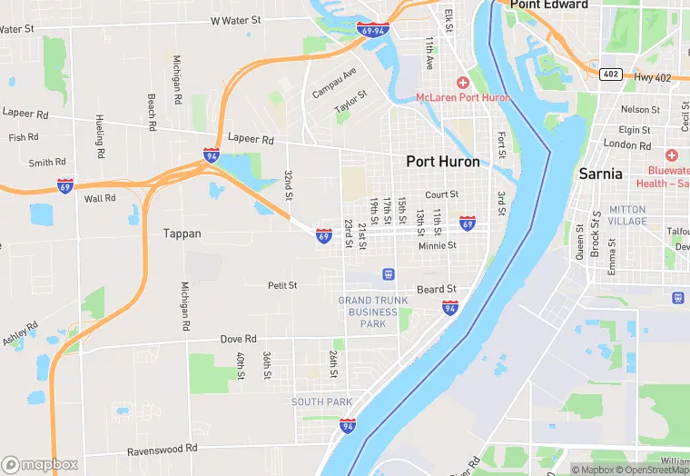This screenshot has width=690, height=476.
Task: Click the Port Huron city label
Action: [x=444, y=162]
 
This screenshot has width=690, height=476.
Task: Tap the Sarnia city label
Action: [x=601, y=173]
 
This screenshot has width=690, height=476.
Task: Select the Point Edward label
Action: [x=548, y=5]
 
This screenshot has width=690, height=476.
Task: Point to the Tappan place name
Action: [x=182, y=233]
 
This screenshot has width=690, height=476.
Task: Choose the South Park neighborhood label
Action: [x=321, y=402]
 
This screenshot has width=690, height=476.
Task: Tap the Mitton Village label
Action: [x=627, y=215]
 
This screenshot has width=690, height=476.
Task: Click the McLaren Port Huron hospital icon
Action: [x=462, y=83]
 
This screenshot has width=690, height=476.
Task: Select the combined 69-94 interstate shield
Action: [x=373, y=30]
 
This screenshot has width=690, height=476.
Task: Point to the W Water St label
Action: [x=235, y=19]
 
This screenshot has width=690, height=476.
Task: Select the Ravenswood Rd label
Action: [x=163, y=449]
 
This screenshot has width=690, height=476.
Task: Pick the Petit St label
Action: [x=282, y=285]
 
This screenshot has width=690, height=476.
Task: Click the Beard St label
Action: [x=437, y=290]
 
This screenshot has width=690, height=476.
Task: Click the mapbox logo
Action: [x=40, y=464]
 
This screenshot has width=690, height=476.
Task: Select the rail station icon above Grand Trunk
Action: [x=388, y=273]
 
